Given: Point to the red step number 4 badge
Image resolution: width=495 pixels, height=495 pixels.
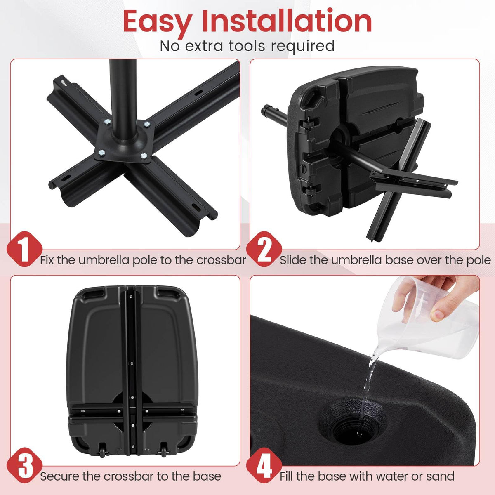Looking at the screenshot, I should click(264, 464).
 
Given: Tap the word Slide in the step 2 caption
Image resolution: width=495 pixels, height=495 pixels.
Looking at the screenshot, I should click(293, 260).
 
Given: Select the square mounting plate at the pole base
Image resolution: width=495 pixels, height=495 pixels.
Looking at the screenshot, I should click(124, 140).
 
